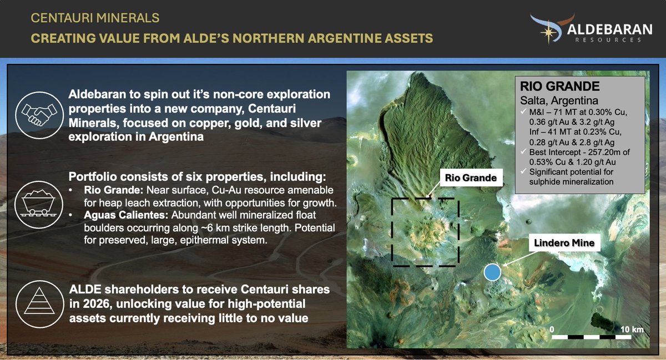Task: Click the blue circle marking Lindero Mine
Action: click(492, 272)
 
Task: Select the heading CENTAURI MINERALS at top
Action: click(95, 18)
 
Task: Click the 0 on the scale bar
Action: click(552, 329)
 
